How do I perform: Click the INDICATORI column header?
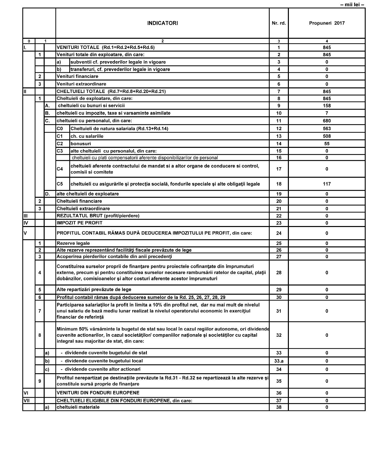[x=162, y=23]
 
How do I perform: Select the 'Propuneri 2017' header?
[x=327, y=23]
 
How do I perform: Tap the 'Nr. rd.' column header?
[x=279, y=23]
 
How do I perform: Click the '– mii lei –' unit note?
[x=352, y=5]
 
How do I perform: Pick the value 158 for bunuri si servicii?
[x=327, y=106]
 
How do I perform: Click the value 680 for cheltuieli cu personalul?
[x=327, y=121]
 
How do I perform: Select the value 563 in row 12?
[x=327, y=128]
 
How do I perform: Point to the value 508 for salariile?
[x=327, y=136]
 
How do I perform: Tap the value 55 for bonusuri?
[x=327, y=144]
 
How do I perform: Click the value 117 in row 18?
[x=327, y=184]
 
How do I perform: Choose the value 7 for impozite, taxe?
[x=327, y=113]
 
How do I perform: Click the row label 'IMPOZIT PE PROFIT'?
[x=79, y=223]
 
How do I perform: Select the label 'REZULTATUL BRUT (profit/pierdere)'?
[x=98, y=216]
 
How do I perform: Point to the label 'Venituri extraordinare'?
[x=81, y=84]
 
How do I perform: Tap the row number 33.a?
[x=279, y=361]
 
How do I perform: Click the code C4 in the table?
[x=60, y=169]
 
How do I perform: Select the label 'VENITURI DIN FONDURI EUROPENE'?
[x=98, y=393]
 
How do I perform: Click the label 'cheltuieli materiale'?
[x=78, y=407]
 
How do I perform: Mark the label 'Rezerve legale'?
[x=73, y=243]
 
